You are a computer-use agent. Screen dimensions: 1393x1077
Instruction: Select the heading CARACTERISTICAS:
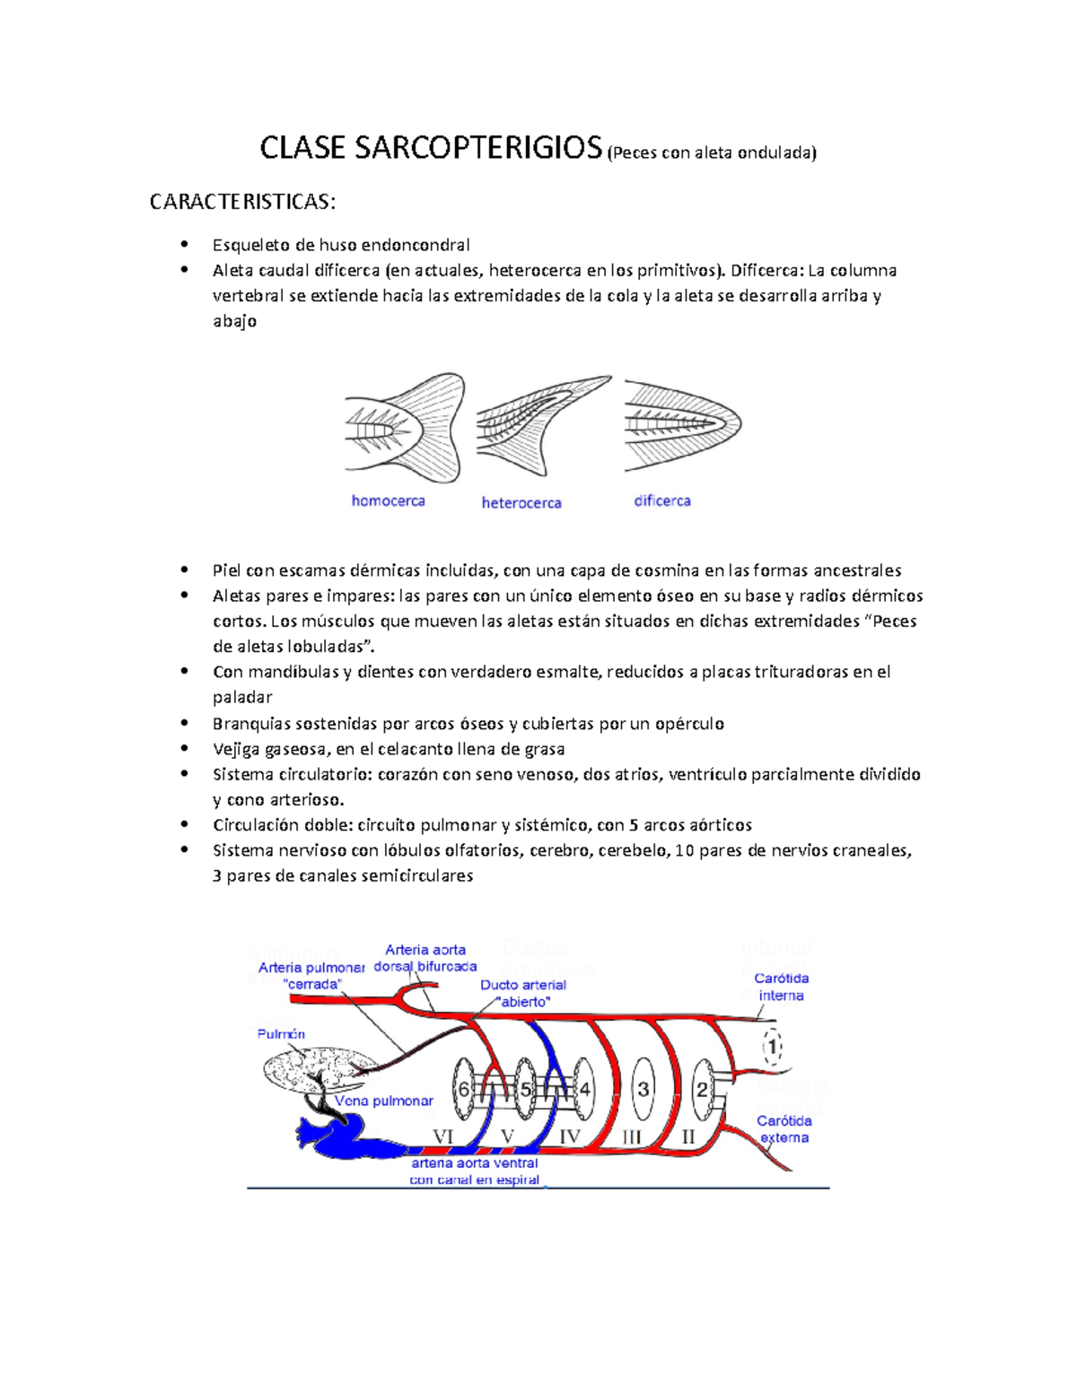(x=242, y=202)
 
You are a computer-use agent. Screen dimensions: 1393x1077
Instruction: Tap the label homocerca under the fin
(x=388, y=501)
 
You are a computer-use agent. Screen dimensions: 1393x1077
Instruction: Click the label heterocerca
(x=521, y=503)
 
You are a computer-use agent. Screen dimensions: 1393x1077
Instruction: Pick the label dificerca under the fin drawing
(x=662, y=501)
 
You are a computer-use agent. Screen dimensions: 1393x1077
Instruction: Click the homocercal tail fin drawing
(x=405, y=427)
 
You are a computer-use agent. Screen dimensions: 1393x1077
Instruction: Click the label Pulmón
(x=281, y=1034)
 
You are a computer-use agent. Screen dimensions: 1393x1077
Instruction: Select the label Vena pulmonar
(x=384, y=1101)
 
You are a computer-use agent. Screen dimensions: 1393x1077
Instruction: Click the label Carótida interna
(x=781, y=987)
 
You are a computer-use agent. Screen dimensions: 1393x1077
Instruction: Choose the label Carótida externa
(x=784, y=1129)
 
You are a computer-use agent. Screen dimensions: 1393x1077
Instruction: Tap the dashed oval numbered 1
(x=772, y=1047)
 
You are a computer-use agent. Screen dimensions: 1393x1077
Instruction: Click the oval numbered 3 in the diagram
(x=643, y=1089)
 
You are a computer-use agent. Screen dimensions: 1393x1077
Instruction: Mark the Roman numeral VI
(x=443, y=1136)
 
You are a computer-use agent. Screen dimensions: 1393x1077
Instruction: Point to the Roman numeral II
(x=688, y=1136)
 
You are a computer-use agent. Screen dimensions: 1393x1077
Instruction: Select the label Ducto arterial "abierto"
(x=523, y=993)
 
